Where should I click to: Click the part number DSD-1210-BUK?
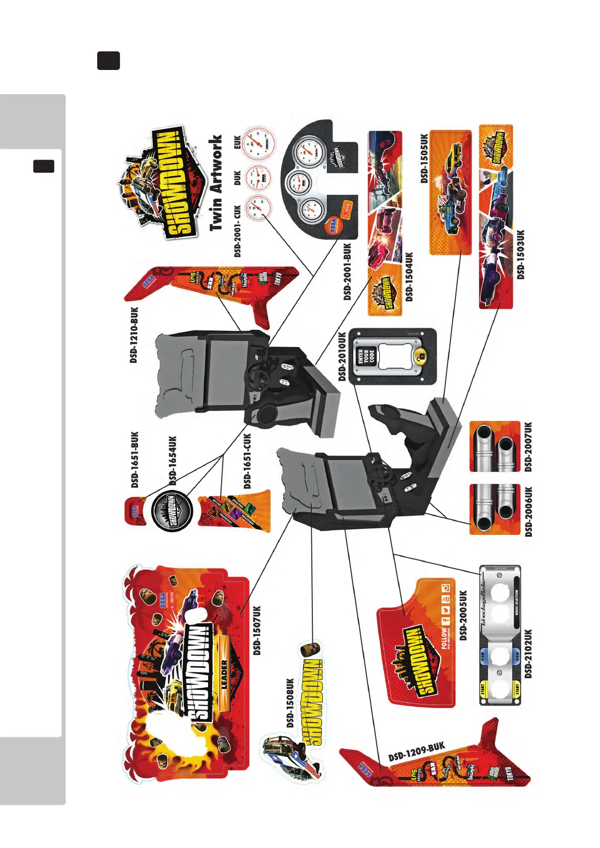pyautogui.click(x=134, y=335)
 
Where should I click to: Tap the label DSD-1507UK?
pyautogui.click(x=257, y=630)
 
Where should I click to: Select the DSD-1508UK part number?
pyautogui.click(x=290, y=703)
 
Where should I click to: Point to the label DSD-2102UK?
pyautogui.click(x=528, y=654)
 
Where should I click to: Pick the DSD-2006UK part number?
pyautogui.click(x=528, y=511)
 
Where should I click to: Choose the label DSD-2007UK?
pyautogui.click(x=528, y=447)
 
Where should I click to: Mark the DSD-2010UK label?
pyautogui.click(x=343, y=356)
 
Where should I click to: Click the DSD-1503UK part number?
pyautogui.click(x=521, y=254)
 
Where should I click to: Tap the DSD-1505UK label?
pyautogui.click(x=424, y=158)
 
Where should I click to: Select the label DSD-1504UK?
pyautogui.click(x=409, y=276)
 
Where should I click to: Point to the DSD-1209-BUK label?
pyautogui.click(x=417, y=751)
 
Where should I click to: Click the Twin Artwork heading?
pyautogui.click(x=216, y=183)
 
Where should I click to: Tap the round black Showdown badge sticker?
pyautogui.click(x=172, y=511)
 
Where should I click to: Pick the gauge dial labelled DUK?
pyautogui.click(x=257, y=177)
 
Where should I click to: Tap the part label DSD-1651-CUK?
pyautogui.click(x=247, y=461)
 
